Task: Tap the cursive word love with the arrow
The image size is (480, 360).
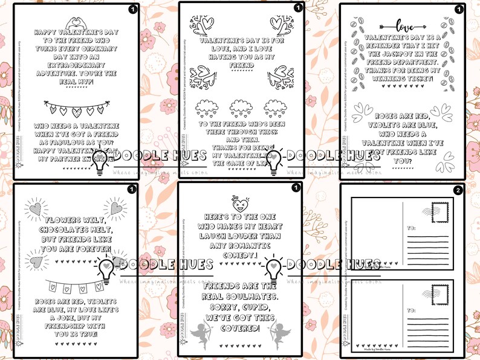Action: coord(403,25)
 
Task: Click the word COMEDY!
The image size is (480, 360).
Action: coord(237,255)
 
